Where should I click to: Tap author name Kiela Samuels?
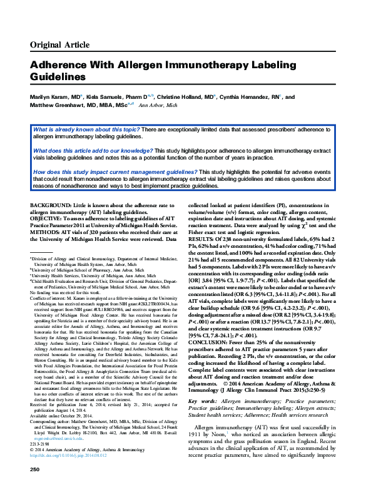point(107,98)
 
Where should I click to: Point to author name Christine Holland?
point(190,98)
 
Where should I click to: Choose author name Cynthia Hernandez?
point(250,98)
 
